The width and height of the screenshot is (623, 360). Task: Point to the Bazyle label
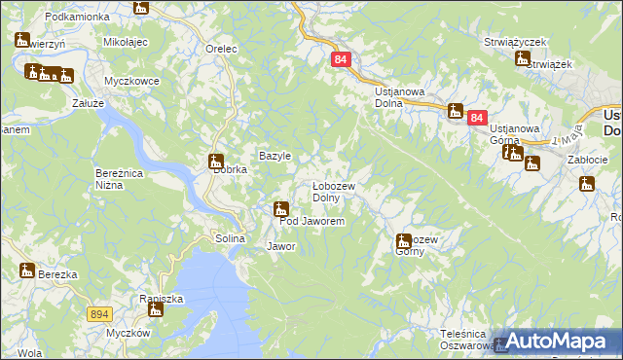click(x=275, y=156)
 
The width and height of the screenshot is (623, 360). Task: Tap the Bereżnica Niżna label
click(x=120, y=178)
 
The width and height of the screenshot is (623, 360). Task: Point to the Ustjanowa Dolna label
click(x=400, y=96)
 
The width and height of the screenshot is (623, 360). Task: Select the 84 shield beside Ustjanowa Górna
click(x=476, y=118)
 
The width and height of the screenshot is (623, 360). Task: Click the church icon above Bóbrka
click(x=215, y=162)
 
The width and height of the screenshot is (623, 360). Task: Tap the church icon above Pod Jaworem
click(x=281, y=208)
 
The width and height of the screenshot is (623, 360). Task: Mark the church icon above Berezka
click(x=26, y=270)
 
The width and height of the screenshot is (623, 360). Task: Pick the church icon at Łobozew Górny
click(x=403, y=240)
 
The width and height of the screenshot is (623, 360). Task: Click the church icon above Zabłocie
click(x=586, y=184)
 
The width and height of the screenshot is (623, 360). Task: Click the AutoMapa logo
click(x=556, y=341)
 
